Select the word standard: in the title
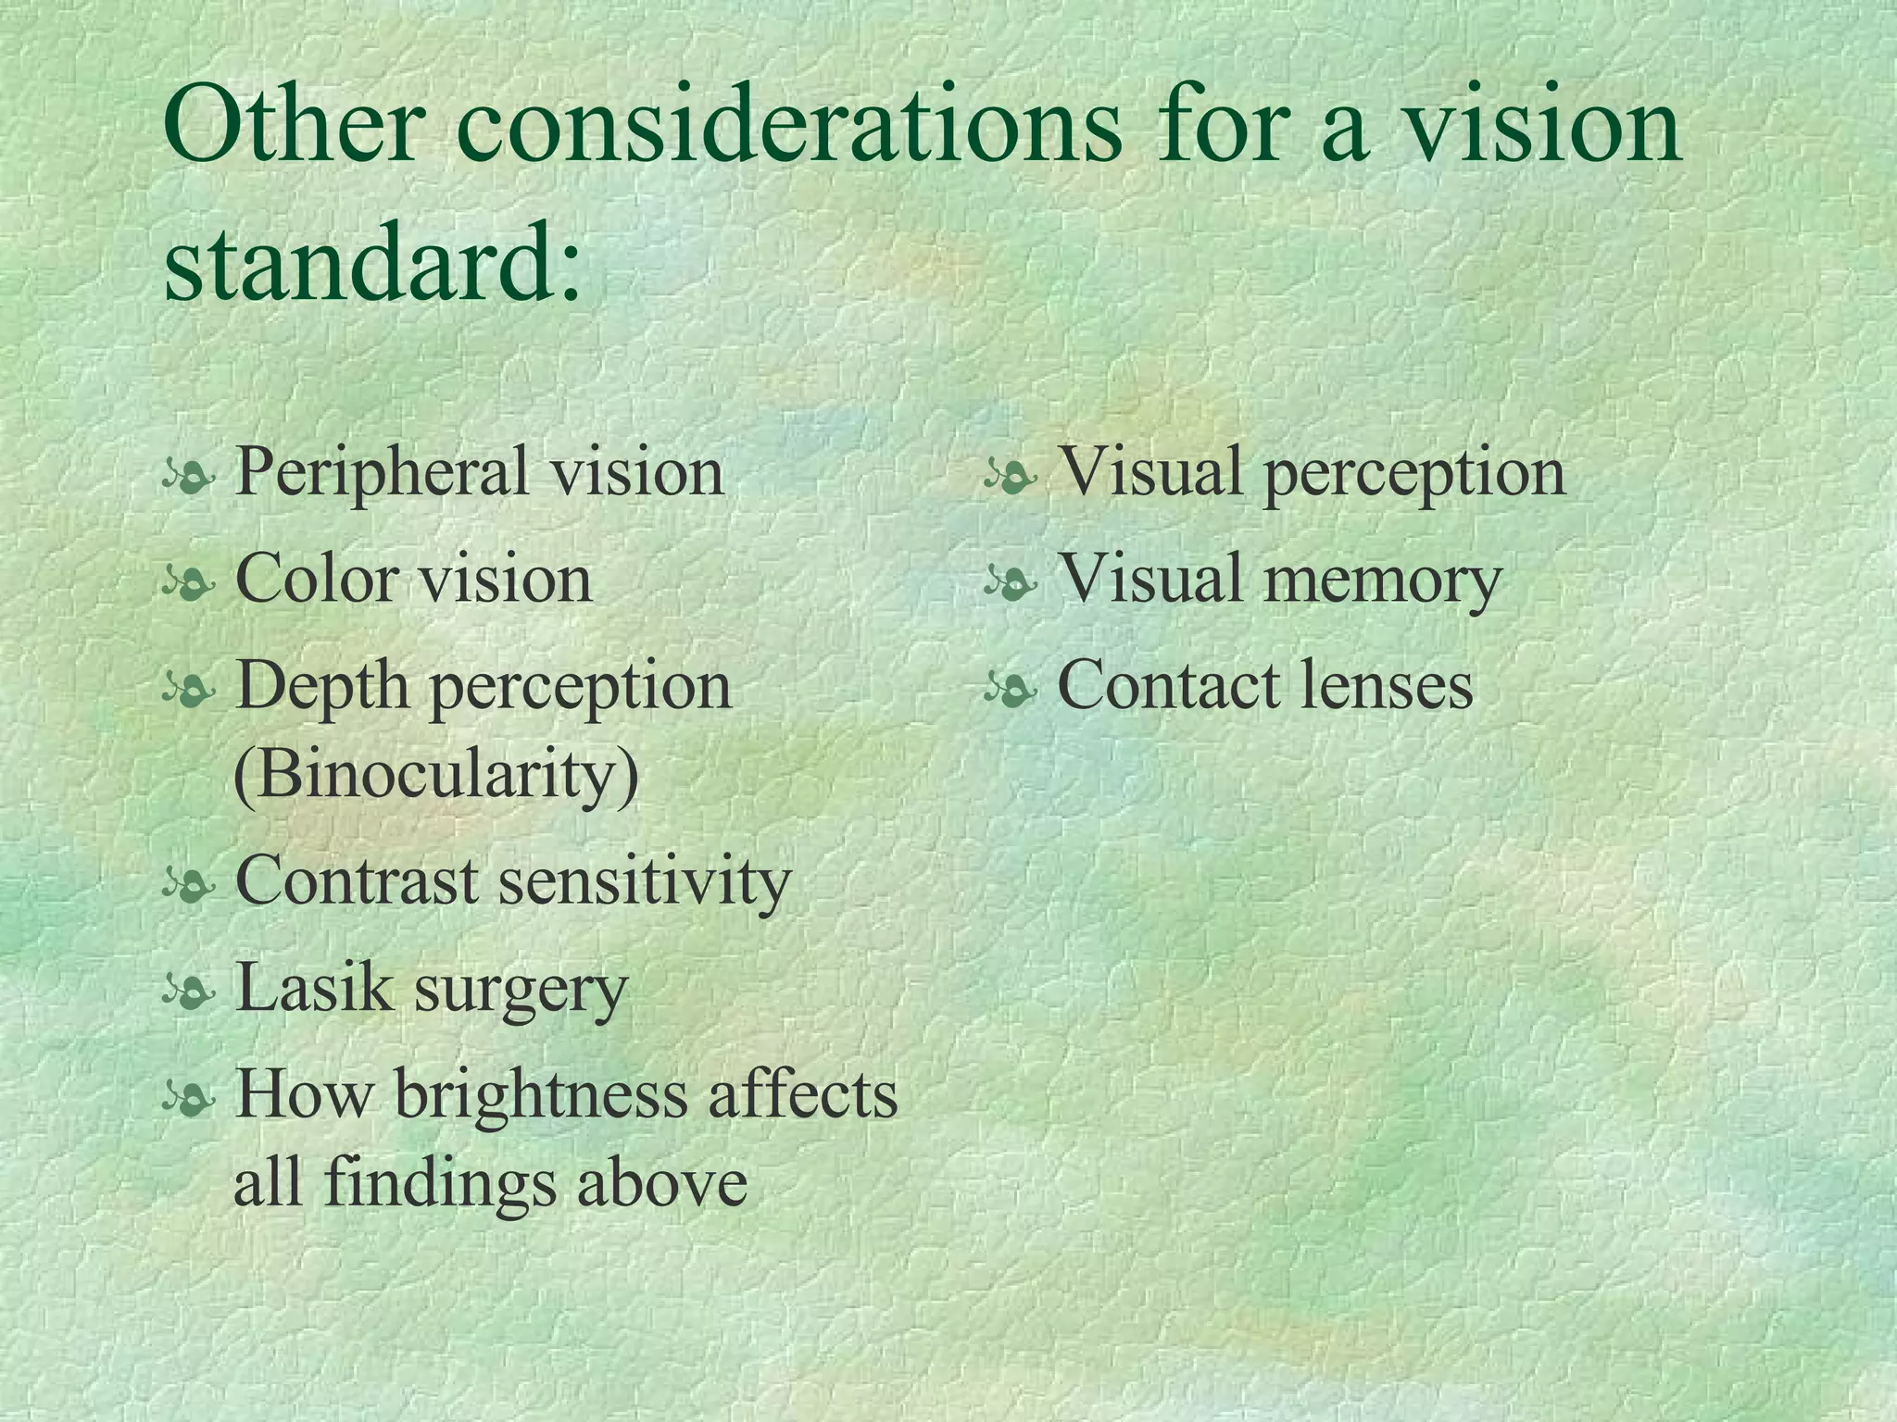371,263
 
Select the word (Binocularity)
436,774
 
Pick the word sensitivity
645,882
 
